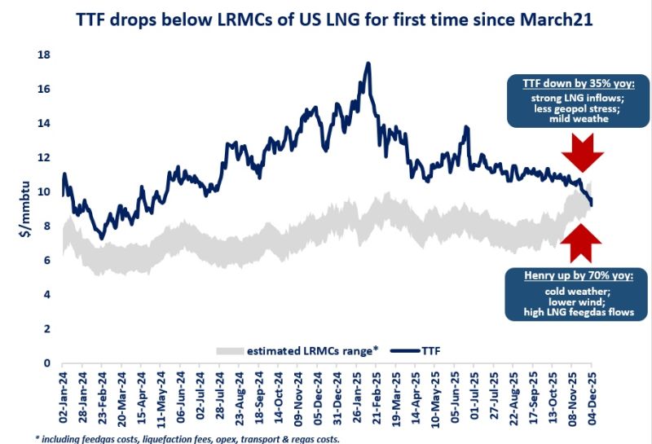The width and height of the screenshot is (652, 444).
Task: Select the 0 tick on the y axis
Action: pyautogui.click(x=47, y=363)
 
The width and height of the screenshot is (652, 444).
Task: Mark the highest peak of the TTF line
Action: pyautogui.click(x=368, y=64)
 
